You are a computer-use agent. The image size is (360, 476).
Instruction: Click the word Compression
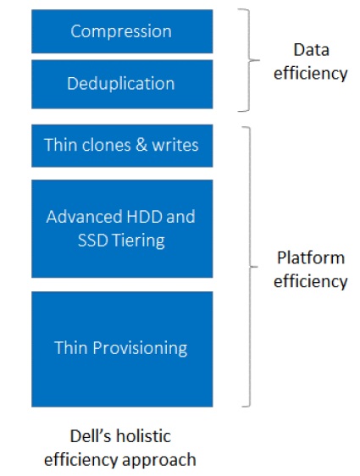point(121,31)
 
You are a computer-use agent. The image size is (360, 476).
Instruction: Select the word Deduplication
point(121,84)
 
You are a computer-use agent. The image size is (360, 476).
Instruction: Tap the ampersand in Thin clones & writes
point(141,145)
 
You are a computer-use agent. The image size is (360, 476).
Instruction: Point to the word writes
point(175,145)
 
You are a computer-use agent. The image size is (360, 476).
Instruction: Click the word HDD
point(144,217)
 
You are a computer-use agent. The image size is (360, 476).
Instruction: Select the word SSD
point(93,241)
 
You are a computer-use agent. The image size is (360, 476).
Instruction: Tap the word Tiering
point(138,241)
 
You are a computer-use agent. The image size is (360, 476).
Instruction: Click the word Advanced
point(85,217)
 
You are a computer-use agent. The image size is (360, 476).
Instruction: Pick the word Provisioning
point(140,348)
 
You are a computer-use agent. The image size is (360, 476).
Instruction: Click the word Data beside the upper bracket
point(311,50)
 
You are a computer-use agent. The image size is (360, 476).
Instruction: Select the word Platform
point(311,258)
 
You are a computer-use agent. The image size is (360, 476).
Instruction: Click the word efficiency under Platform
point(311,281)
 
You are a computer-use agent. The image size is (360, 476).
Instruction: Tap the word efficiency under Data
point(311,74)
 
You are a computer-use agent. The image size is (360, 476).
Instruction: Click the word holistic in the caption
point(143,436)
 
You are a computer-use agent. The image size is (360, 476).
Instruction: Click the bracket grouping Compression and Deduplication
point(249,60)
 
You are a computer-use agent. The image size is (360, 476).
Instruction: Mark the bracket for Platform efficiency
point(250,267)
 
